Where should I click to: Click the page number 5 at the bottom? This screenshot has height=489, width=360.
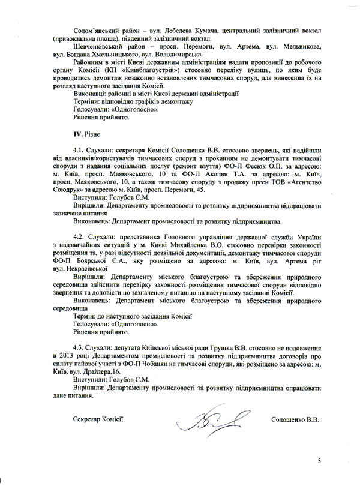tap(319, 460)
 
